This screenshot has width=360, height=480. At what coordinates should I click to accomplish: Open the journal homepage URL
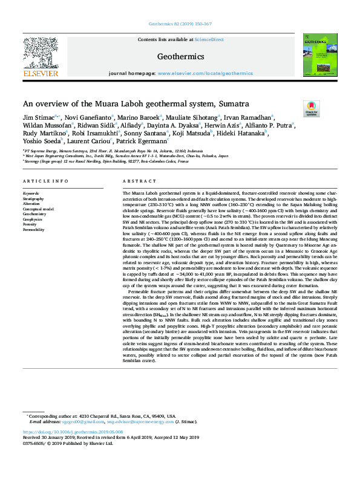(205, 73)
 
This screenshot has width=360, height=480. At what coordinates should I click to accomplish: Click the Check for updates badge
(310, 109)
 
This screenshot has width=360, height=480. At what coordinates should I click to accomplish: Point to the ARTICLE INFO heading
(45, 181)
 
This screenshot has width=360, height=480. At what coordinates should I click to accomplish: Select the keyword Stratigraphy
(33, 198)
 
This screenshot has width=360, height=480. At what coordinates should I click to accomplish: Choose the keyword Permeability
(34, 230)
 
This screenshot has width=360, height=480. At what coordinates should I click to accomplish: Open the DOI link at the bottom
(73, 432)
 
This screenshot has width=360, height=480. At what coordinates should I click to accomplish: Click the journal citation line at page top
(180, 24)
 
